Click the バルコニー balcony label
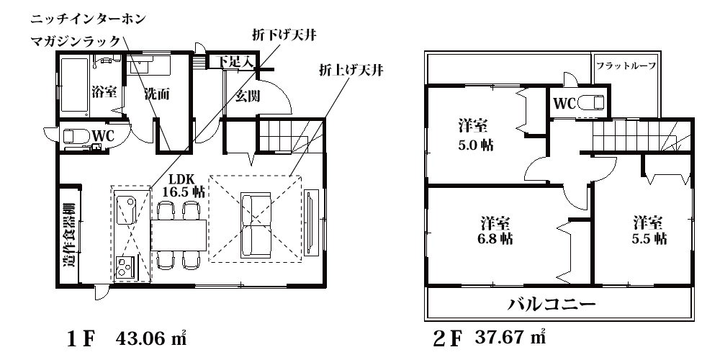[551, 304]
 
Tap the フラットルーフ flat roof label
[626, 66]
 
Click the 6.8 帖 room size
[495, 239]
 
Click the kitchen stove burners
[124, 266]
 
